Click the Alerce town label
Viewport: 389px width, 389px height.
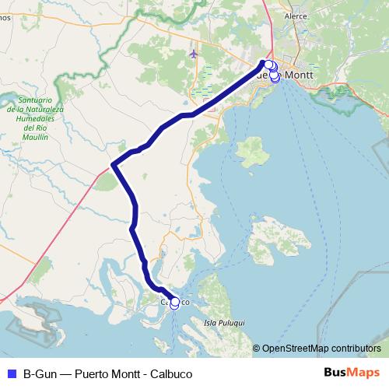tap(296, 16)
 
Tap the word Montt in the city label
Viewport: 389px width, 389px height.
tap(300, 75)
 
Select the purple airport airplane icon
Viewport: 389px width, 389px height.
tap(193, 54)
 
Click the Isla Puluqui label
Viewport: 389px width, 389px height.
tap(223, 321)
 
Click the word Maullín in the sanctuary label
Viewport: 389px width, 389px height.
tap(35, 136)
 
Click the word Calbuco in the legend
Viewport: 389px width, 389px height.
tap(170, 373)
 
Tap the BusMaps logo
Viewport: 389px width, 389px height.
tap(351, 373)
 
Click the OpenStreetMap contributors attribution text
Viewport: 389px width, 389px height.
tap(321, 348)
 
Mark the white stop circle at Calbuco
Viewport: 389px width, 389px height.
tap(174, 303)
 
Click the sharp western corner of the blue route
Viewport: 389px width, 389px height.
tap(113, 165)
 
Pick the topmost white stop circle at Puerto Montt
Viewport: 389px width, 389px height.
tap(268, 65)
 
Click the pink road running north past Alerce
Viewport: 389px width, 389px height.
tap(269, 19)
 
